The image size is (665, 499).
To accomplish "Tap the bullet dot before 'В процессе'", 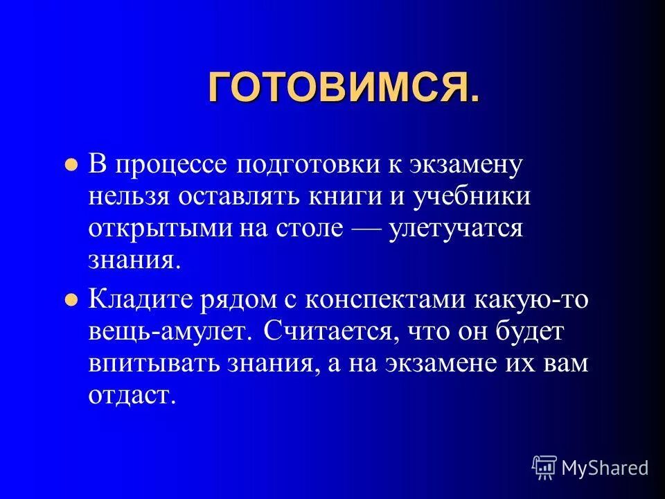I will click(70, 167).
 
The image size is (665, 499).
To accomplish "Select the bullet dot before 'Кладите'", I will click(70, 300).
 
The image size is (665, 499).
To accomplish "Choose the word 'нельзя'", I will click(131, 197).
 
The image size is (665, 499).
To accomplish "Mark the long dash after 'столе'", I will click(363, 229).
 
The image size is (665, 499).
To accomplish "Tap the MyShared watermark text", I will click(605, 468).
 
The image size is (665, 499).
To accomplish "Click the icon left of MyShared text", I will click(544, 467).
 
